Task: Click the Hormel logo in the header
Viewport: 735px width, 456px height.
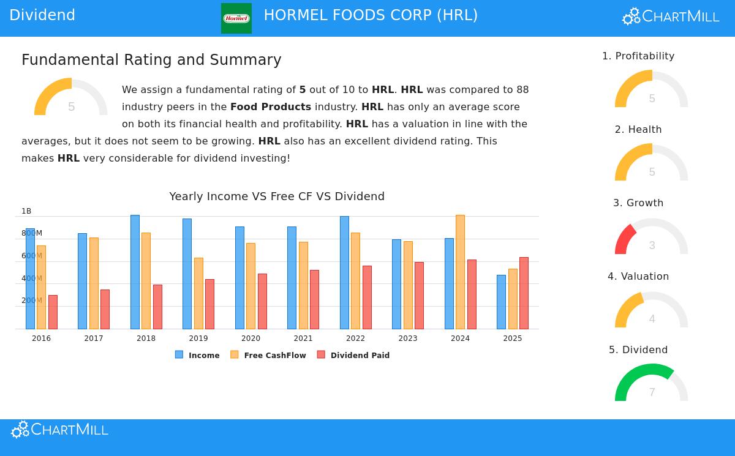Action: click(x=236, y=18)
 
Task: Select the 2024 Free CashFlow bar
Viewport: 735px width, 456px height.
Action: click(x=460, y=272)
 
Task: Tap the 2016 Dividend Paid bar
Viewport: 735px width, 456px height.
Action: click(x=53, y=312)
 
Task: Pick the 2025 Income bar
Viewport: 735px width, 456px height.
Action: click(x=501, y=302)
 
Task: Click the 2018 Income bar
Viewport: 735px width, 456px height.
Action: click(x=135, y=272)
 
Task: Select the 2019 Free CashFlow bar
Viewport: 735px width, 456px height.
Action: click(x=198, y=294)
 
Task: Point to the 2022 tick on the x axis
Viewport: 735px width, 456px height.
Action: click(x=355, y=338)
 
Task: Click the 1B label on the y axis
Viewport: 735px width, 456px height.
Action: click(x=26, y=211)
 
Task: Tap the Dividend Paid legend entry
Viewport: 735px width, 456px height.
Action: click(x=353, y=355)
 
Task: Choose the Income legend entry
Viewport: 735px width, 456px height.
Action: click(x=197, y=355)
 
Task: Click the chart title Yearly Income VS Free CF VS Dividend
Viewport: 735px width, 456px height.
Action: click(x=277, y=196)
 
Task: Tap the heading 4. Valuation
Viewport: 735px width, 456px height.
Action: click(x=638, y=277)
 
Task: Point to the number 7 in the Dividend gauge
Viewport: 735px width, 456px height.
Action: click(x=652, y=392)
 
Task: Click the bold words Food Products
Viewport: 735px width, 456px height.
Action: click(x=271, y=107)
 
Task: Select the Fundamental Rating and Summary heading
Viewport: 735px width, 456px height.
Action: click(x=151, y=60)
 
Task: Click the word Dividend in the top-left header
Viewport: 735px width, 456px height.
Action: click(x=42, y=15)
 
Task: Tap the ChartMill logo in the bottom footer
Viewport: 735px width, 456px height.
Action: click(x=59, y=430)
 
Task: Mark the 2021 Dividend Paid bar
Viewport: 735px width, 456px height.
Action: click(x=314, y=299)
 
